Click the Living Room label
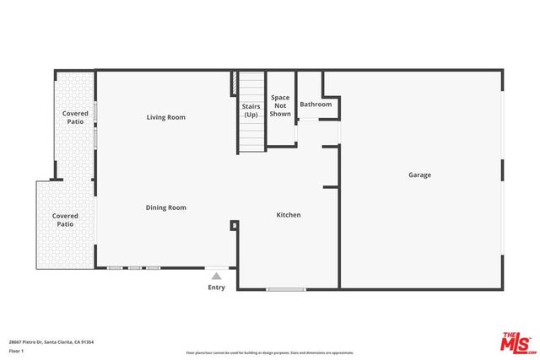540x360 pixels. click(x=165, y=117)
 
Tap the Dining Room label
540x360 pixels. click(x=165, y=207)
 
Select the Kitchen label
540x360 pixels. click(x=289, y=215)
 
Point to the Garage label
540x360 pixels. click(x=419, y=175)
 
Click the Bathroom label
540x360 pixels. click(x=316, y=105)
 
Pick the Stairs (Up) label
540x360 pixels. click(x=251, y=110)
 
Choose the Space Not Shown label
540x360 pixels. click(x=280, y=105)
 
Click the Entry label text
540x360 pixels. click(x=217, y=288)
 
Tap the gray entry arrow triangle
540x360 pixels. click(x=217, y=276)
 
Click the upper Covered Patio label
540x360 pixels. click(x=76, y=117)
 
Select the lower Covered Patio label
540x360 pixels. click(x=65, y=220)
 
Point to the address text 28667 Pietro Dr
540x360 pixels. click(x=30, y=342)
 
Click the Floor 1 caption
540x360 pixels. click(x=16, y=350)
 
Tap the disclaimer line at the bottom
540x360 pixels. click(x=270, y=352)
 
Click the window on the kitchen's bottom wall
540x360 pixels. click(x=286, y=290)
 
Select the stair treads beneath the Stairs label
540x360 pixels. click(x=251, y=135)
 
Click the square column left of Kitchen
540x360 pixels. click(x=234, y=225)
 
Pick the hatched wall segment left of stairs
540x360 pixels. click(x=233, y=84)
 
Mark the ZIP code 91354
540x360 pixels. click(x=86, y=342)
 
